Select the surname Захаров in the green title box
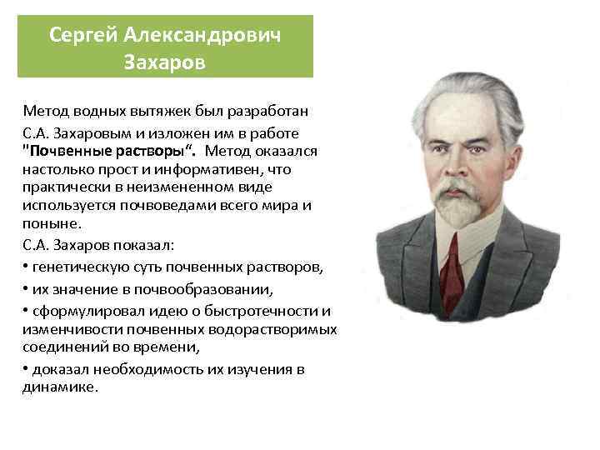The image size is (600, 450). point(164,62)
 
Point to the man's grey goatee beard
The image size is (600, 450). point(462,208)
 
